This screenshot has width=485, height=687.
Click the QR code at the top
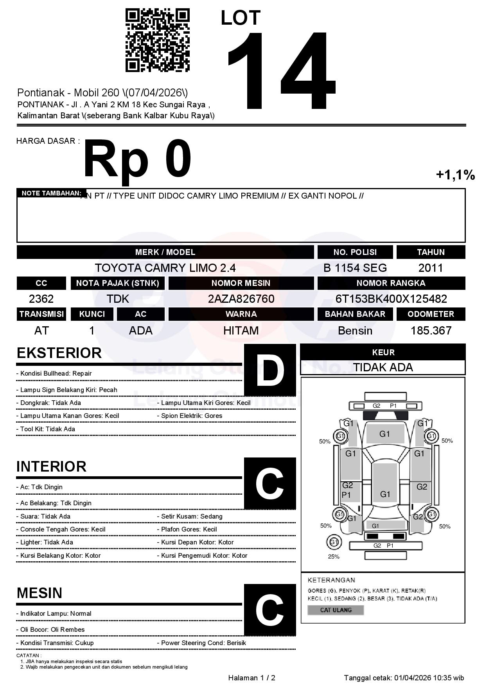(157, 40)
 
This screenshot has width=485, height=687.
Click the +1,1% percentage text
(455, 175)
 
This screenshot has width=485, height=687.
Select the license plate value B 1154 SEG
(355, 268)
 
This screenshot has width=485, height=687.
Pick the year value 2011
(431, 268)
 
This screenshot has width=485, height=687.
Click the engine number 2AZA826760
(241, 299)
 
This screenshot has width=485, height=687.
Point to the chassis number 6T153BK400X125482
(391, 299)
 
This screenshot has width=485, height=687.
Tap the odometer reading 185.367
(431, 331)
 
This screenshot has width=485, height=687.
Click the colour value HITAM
(241, 331)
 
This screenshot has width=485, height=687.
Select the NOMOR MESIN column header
(241, 283)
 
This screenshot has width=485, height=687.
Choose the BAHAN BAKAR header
(355, 314)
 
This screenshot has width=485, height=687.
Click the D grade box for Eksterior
(270, 370)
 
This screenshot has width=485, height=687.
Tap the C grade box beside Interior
(270, 483)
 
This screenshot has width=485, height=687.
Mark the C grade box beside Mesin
(270, 609)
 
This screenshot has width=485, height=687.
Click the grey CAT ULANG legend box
(336, 610)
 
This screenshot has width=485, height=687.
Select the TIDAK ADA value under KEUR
(383, 367)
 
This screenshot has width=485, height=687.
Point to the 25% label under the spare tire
(334, 557)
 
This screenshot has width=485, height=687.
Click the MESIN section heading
(40, 593)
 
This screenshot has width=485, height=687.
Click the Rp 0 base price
(137, 160)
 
